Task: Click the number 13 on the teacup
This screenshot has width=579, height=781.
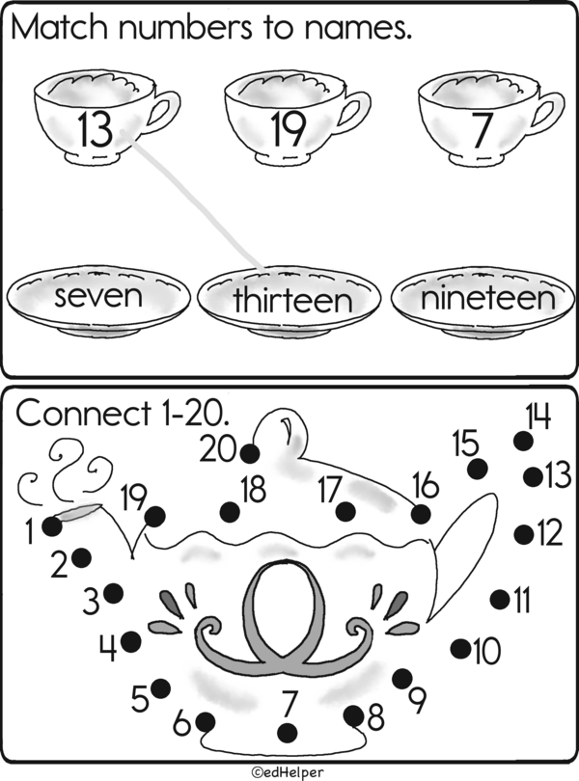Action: (96, 129)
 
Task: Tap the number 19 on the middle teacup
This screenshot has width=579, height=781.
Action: (288, 129)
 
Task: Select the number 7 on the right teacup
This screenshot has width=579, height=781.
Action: (481, 130)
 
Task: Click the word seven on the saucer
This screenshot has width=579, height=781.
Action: (98, 295)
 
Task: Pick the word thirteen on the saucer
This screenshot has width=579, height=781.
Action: (292, 299)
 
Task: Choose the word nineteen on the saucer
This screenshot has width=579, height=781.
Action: (487, 297)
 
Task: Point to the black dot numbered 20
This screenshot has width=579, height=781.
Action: (249, 454)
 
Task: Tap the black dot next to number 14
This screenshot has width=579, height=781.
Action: (523, 441)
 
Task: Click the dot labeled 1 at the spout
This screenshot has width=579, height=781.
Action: (52, 526)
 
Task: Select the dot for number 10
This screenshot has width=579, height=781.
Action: (461, 648)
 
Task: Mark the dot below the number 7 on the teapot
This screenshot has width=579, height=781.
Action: (288, 733)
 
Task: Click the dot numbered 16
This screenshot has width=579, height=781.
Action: (421, 514)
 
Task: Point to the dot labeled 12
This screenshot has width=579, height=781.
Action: (524, 534)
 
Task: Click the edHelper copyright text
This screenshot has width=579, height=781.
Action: (288, 772)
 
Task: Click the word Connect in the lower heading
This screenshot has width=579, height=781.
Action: (83, 414)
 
